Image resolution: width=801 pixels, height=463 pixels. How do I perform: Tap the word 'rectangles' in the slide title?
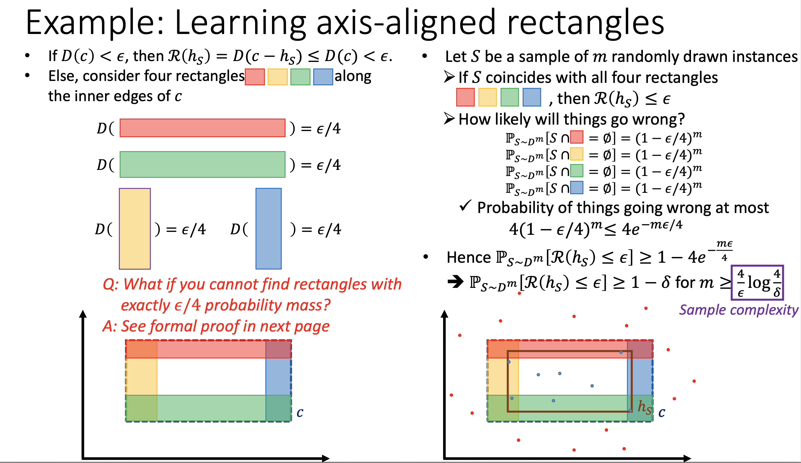point(585,23)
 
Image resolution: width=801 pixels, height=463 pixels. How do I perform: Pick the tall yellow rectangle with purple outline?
point(135,228)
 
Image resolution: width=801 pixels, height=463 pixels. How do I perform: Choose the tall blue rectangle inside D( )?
point(268,228)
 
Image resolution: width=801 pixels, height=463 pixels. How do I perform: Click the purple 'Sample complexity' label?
point(738,310)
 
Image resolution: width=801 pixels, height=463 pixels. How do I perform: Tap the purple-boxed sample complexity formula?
point(757,283)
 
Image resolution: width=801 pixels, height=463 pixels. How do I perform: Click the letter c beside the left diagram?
point(300,412)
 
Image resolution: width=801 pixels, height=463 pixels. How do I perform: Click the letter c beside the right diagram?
point(661,412)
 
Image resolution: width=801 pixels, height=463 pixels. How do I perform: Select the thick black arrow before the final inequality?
point(456,282)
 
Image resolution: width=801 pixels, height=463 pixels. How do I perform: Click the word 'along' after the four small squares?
point(353,76)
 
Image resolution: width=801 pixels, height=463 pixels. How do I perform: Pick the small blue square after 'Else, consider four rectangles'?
point(323,77)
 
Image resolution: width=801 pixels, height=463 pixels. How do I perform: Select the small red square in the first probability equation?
point(577,137)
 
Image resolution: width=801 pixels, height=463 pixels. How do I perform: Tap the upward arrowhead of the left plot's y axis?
point(83,314)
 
